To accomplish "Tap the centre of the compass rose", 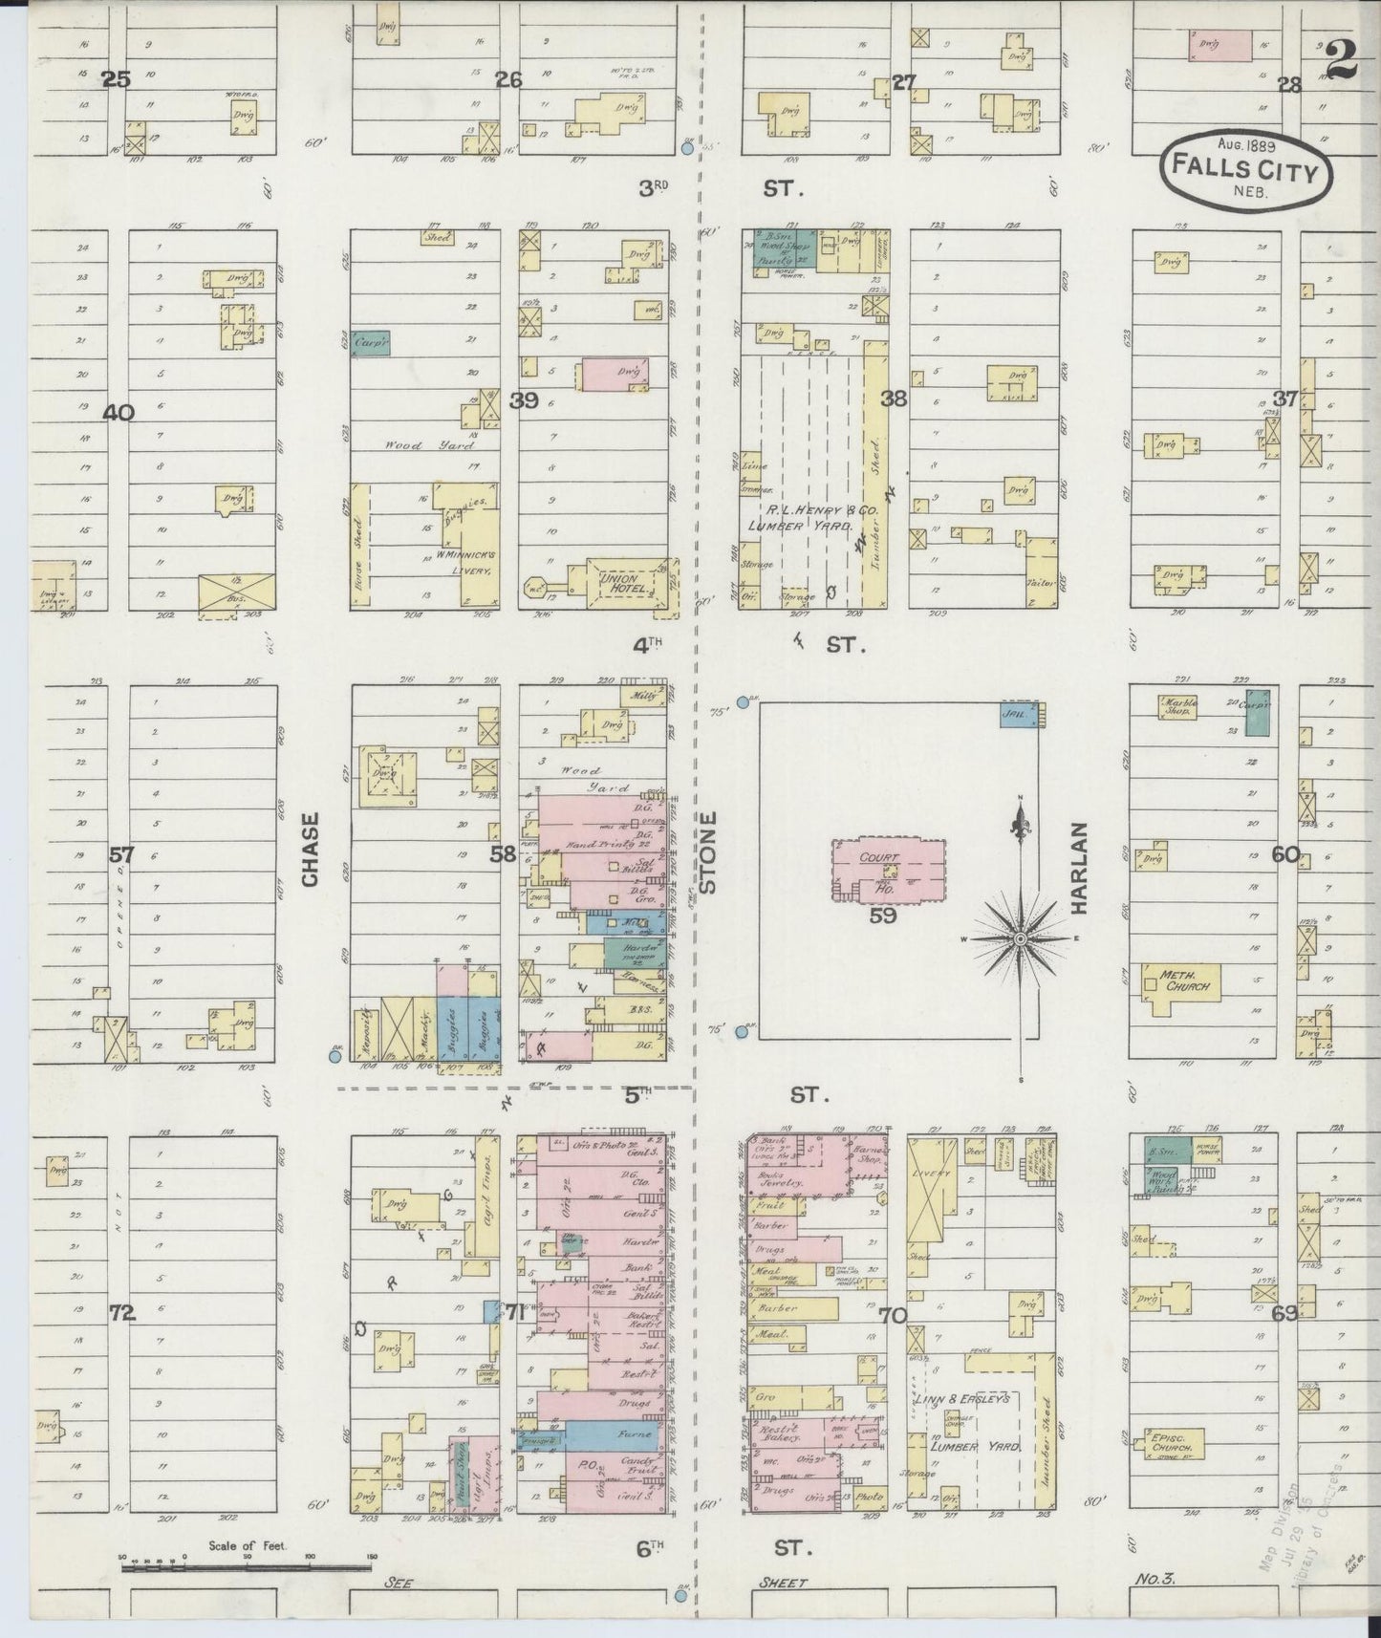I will click(x=1020, y=940).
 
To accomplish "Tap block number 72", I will click(x=122, y=1313).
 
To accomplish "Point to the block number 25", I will click(x=117, y=80).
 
